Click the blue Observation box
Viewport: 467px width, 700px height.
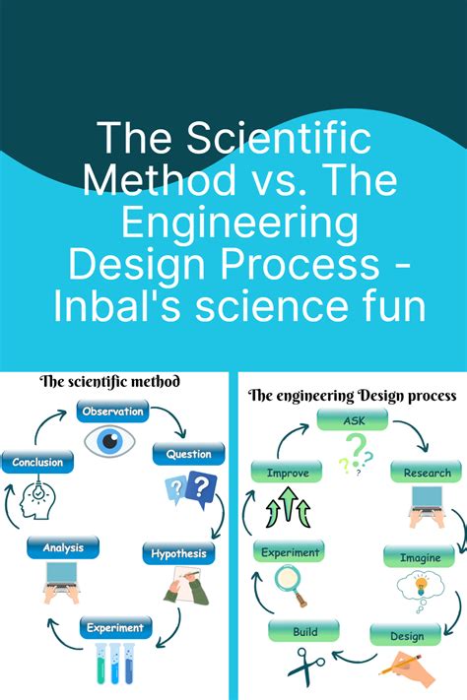click(x=112, y=412)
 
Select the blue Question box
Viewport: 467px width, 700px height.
click(x=188, y=454)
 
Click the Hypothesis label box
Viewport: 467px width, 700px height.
click(x=178, y=553)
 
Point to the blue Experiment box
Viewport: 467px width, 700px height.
click(x=114, y=627)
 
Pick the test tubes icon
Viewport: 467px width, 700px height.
click(x=114, y=664)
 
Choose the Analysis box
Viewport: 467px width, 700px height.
click(x=63, y=547)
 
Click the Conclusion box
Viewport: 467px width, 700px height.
click(x=37, y=462)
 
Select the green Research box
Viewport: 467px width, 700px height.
click(x=427, y=474)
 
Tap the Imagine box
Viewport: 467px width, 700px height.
click(x=420, y=558)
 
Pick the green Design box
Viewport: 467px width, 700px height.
click(x=407, y=635)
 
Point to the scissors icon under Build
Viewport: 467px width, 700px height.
click(x=305, y=664)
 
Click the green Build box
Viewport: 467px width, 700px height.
click(x=304, y=631)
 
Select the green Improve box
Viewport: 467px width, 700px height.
click(x=288, y=474)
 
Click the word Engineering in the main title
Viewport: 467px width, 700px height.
click(x=233, y=223)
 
